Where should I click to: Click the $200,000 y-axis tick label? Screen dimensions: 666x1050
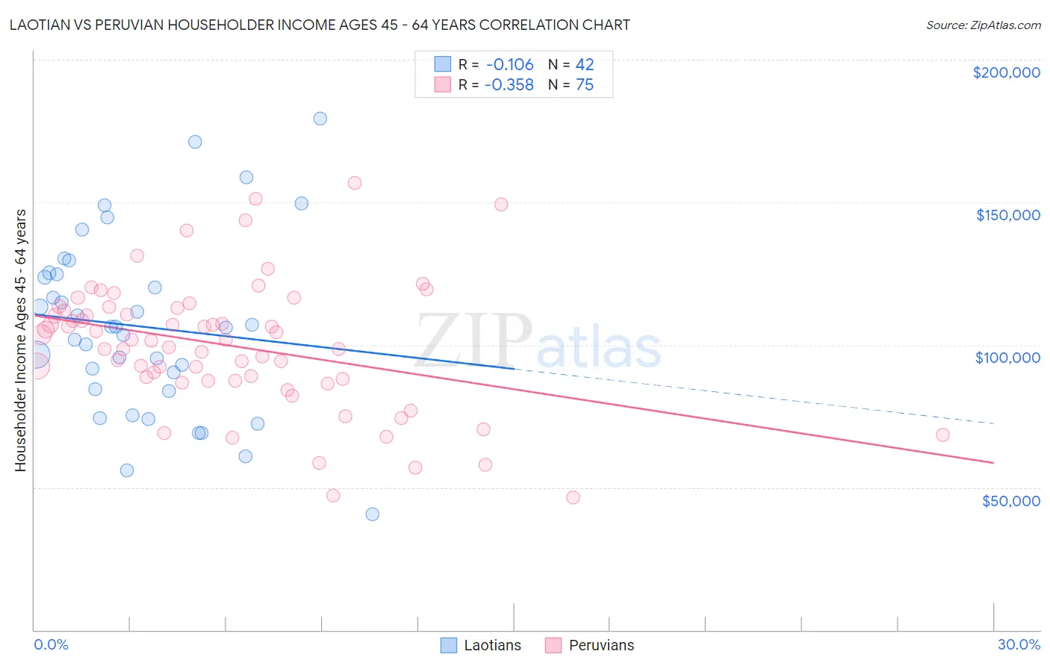[x=1006, y=72]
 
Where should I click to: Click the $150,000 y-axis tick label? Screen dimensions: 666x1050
[x=1007, y=215]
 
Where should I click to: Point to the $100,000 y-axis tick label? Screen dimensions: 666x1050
[x=1007, y=358]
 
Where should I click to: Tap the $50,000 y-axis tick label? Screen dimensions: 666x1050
[x=1010, y=501]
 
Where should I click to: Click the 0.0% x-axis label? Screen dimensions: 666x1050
[x=51, y=644]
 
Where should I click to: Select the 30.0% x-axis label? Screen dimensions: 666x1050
[x=1019, y=644]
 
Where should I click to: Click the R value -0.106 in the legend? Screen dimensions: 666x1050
[x=509, y=65]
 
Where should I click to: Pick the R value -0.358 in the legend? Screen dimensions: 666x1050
[x=509, y=85]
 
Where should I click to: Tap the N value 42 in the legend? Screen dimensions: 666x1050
[x=584, y=65]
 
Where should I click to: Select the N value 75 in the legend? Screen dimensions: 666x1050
[x=584, y=85]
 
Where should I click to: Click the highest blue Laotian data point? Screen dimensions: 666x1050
[x=320, y=118]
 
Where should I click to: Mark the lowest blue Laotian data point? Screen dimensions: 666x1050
[x=372, y=514]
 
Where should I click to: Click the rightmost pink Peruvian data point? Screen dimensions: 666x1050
[x=942, y=435]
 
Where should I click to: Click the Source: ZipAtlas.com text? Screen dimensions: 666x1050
[x=983, y=25]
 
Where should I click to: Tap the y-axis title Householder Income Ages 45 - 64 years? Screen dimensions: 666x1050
[x=20, y=340]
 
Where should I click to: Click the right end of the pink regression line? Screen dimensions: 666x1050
[x=993, y=463]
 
